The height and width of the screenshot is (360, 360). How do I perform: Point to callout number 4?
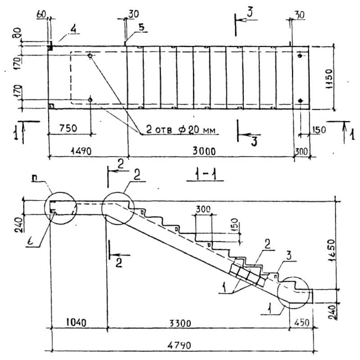72,30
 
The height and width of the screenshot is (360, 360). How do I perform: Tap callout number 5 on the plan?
141,27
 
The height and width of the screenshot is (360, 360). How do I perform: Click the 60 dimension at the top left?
41,15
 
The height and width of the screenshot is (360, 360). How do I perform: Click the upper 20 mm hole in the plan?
90,56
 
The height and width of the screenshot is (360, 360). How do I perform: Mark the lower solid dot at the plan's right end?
301,100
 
